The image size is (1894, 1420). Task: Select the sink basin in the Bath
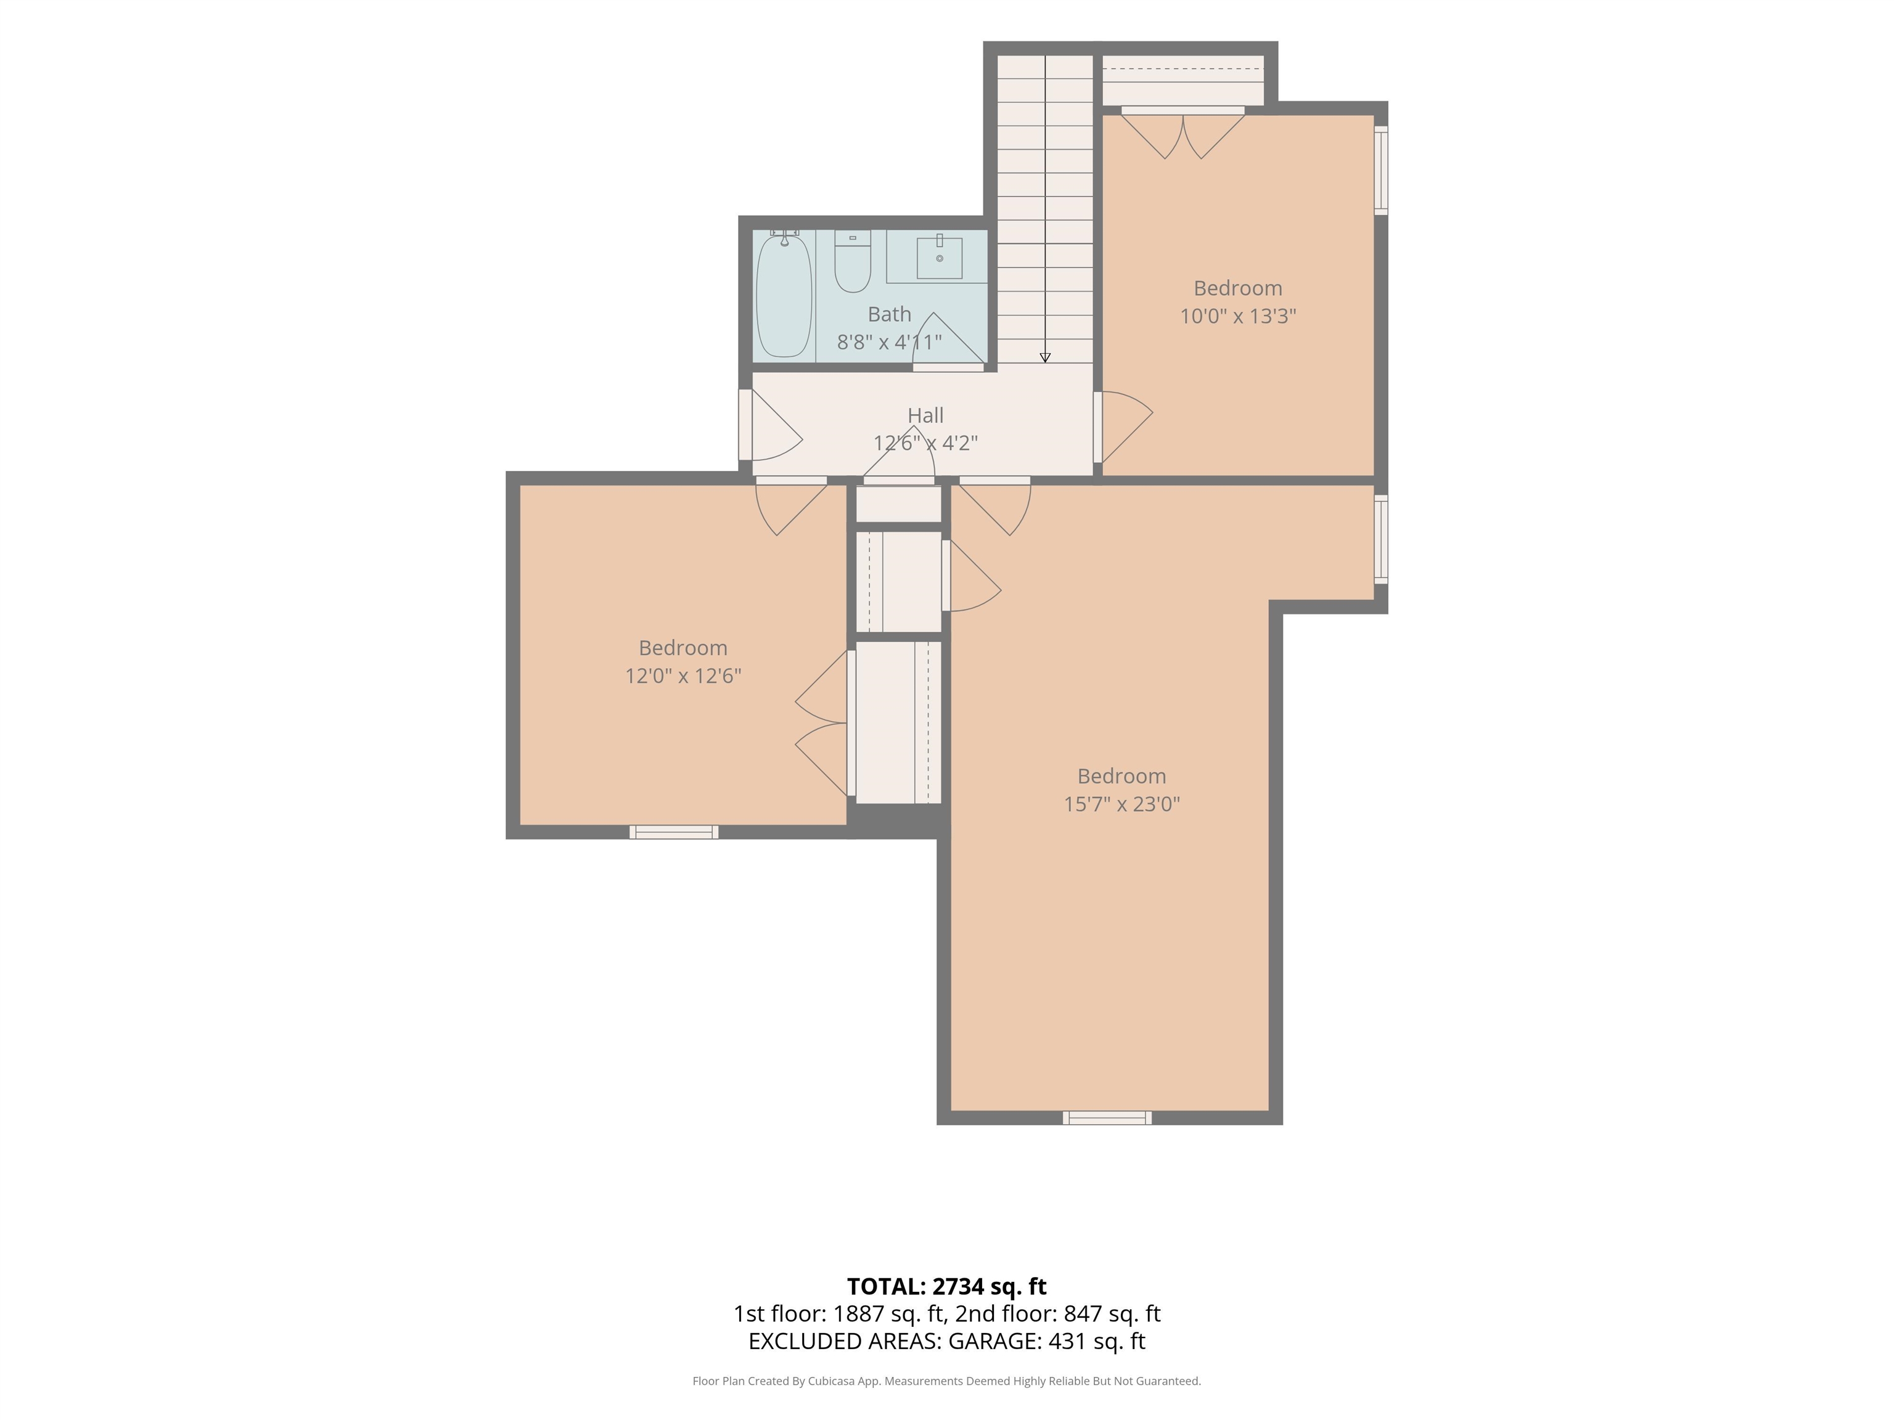click(x=940, y=258)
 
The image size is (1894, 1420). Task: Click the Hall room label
click(x=925, y=415)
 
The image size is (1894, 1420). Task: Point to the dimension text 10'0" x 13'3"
click(x=1238, y=316)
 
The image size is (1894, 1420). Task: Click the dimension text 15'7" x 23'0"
click(x=1121, y=804)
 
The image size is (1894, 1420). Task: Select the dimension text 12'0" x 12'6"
click(x=683, y=675)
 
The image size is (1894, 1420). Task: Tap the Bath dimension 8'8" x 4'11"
click(x=890, y=341)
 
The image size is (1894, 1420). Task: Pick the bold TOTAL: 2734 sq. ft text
click(x=947, y=1286)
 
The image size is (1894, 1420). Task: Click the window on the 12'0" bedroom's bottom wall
click(x=674, y=831)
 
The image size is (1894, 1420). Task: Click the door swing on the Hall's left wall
click(x=770, y=425)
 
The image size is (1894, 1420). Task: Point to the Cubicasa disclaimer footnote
click(x=947, y=1381)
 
